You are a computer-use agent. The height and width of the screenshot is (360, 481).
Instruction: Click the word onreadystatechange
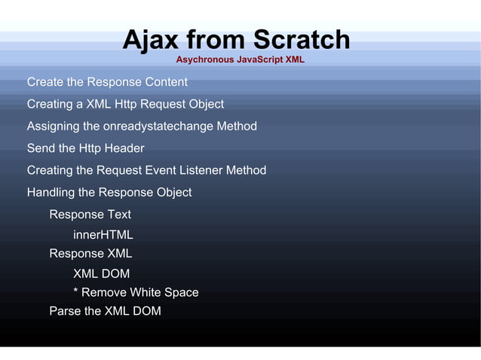[x=163, y=126]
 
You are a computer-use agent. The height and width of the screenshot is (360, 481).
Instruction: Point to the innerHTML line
[x=103, y=235]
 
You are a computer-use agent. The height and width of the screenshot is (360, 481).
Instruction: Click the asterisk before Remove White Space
[x=75, y=292]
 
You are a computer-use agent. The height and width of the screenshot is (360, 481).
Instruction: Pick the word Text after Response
[x=118, y=215]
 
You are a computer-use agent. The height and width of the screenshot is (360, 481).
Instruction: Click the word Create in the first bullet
[x=45, y=81]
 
